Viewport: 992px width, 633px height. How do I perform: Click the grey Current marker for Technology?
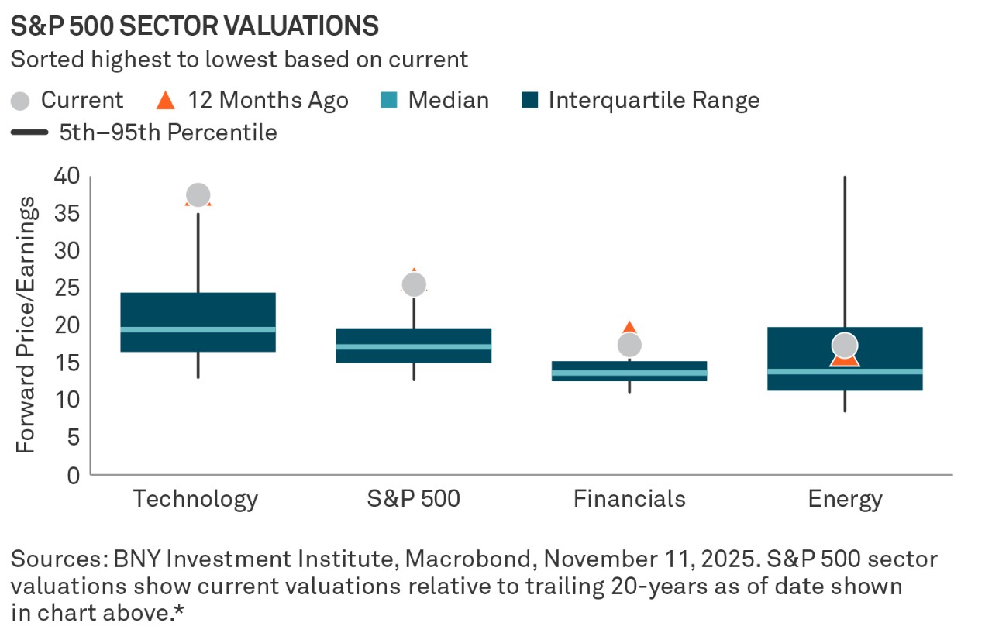pyautogui.click(x=198, y=195)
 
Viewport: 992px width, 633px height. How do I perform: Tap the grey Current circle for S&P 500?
pyautogui.click(x=414, y=284)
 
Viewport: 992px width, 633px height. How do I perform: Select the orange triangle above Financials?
pyautogui.click(x=629, y=329)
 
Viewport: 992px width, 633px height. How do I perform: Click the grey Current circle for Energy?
pyautogui.click(x=845, y=346)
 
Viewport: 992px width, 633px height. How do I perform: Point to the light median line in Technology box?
pyautogui.click(x=198, y=329)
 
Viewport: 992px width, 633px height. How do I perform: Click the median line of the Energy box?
pyautogui.click(x=845, y=371)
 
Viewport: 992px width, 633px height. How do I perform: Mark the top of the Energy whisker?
pyautogui.click(x=845, y=177)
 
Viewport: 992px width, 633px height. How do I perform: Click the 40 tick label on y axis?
pyautogui.click(x=67, y=176)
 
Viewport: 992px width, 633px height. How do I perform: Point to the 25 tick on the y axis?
pyautogui.click(x=67, y=288)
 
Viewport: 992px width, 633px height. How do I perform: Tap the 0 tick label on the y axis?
pyautogui.click(x=73, y=475)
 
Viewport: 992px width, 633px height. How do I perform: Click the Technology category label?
pyautogui.click(x=195, y=499)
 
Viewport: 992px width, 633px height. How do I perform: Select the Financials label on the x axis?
pyautogui.click(x=629, y=499)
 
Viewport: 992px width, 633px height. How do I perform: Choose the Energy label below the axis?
pyautogui.click(x=845, y=499)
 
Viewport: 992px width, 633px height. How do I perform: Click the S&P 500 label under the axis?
pyautogui.click(x=414, y=499)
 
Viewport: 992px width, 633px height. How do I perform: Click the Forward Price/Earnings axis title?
pyautogui.click(x=26, y=325)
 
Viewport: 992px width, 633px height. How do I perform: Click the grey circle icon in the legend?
pyautogui.click(x=22, y=101)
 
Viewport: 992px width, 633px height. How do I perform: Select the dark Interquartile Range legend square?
pyautogui.click(x=531, y=101)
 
